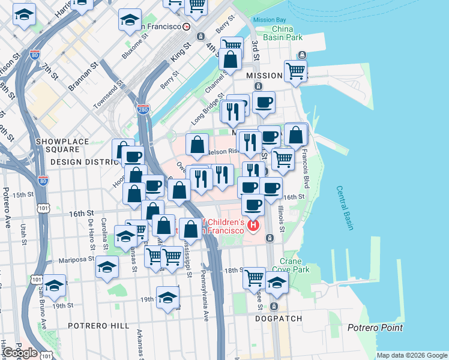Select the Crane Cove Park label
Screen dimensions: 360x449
[x=295, y=266]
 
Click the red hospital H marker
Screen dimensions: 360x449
[x=253, y=225]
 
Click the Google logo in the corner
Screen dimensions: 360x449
[x=19, y=352]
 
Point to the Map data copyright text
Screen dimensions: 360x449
[x=411, y=355]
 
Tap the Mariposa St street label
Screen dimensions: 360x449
[x=77, y=260]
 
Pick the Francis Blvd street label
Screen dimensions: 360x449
[x=306, y=161]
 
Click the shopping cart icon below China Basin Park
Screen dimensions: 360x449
[x=295, y=71]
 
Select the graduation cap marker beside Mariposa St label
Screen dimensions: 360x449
[x=107, y=266]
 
